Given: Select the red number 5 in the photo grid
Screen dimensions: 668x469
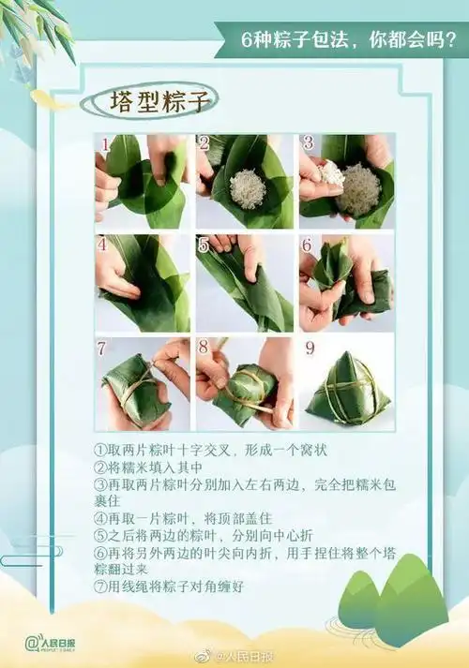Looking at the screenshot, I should (x=204, y=245).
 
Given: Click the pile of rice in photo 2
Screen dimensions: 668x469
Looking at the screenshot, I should (x=246, y=186).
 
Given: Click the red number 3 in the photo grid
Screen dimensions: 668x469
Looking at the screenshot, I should (x=307, y=143).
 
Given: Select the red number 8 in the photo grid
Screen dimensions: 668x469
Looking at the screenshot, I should (x=204, y=348).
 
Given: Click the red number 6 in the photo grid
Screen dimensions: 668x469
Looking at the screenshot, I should (x=306, y=245).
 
